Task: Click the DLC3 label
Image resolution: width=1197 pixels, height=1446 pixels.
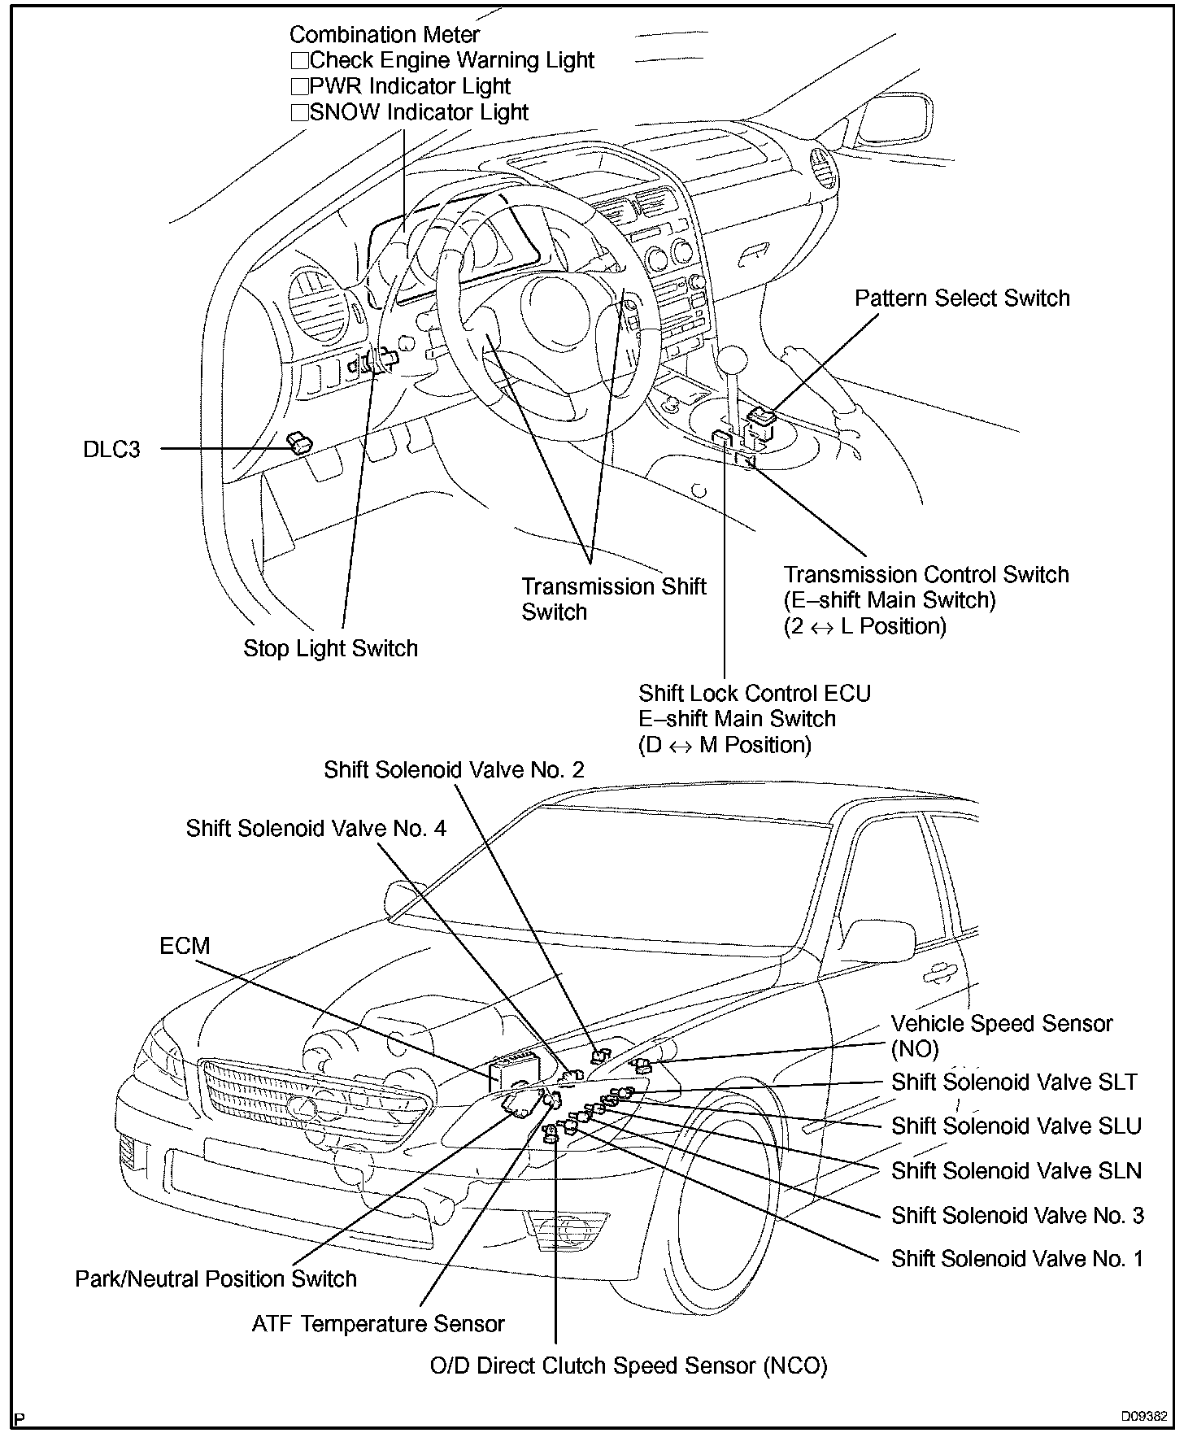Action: (111, 449)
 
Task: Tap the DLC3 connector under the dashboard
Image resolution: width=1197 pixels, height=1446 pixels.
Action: (300, 443)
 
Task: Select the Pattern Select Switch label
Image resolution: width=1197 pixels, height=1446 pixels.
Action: (961, 298)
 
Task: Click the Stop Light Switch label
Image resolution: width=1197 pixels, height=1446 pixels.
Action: (330, 648)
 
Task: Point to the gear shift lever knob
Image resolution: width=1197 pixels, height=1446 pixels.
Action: (732, 360)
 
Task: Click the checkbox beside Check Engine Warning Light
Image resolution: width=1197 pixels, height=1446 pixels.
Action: (299, 61)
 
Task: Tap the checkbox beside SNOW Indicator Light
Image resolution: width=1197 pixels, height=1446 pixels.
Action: (299, 113)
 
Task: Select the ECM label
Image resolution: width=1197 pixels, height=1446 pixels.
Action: (185, 946)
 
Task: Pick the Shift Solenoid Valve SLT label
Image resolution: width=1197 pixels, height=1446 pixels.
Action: (1014, 1082)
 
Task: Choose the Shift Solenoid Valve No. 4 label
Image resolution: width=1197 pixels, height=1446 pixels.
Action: (316, 829)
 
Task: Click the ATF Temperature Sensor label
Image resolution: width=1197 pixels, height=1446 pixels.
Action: (378, 1324)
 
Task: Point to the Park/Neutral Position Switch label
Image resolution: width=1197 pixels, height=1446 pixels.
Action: (215, 1278)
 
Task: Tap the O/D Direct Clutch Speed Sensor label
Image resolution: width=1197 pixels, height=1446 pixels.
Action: (628, 1365)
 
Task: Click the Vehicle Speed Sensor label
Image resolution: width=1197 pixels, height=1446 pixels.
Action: (1001, 1024)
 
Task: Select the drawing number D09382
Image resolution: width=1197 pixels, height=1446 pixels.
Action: (1144, 1416)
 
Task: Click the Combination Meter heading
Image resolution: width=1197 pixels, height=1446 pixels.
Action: (384, 35)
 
